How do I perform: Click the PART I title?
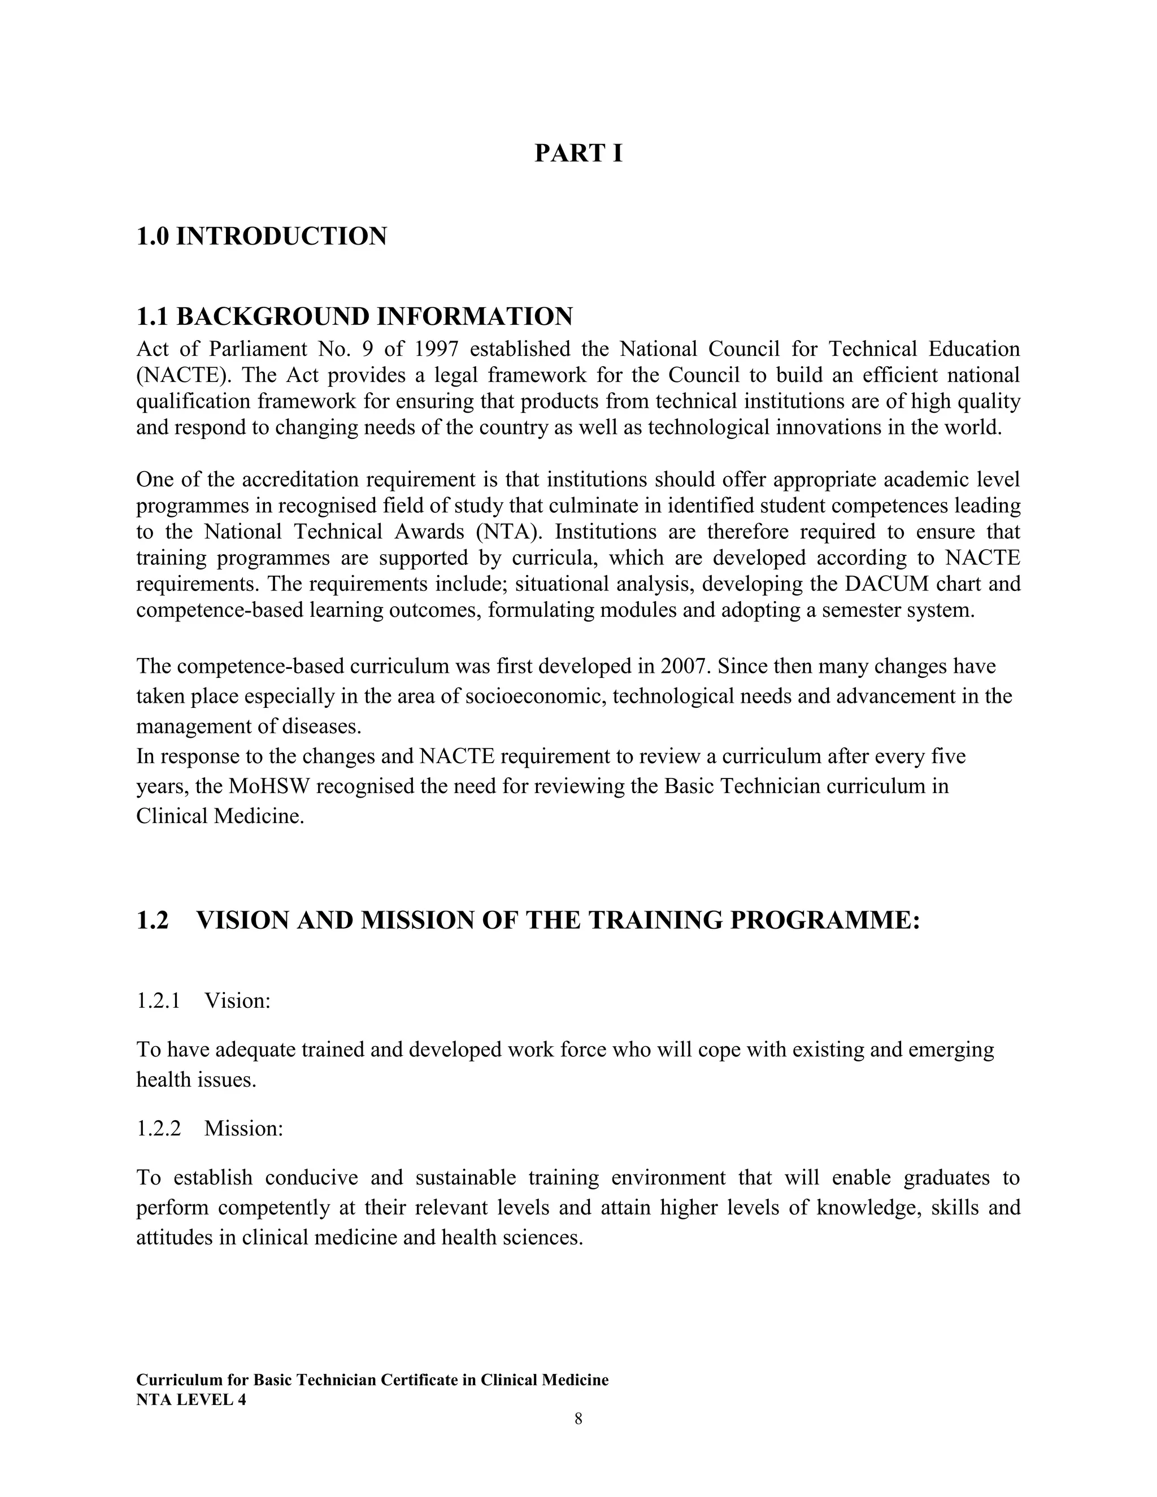pyautogui.click(x=578, y=153)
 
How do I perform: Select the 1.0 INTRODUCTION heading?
pyautogui.click(x=261, y=237)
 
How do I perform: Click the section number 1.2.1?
pyautogui.click(x=158, y=1002)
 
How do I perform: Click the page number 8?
pyautogui.click(x=578, y=1420)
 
